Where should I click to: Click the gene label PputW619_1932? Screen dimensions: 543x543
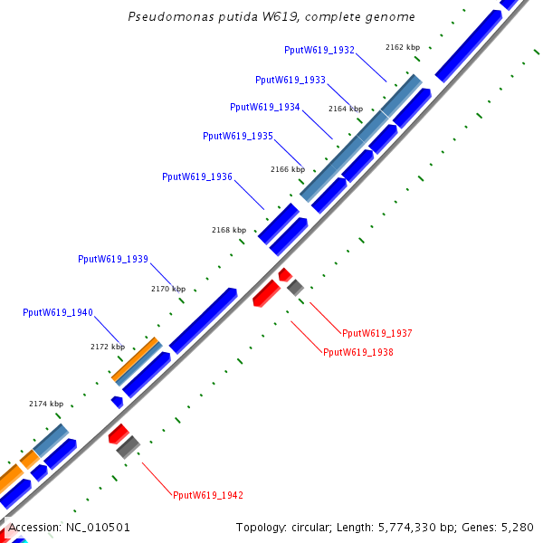tap(319, 51)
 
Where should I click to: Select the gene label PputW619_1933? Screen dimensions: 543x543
tap(291, 80)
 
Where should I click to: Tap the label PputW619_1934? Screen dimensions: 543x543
tap(264, 107)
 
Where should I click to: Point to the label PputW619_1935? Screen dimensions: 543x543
tap(237, 136)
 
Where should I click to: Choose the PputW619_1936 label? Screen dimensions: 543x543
tap(196, 176)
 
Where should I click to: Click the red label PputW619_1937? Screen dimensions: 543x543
tap(376, 333)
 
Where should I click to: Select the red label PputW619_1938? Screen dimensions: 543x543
tap(357, 352)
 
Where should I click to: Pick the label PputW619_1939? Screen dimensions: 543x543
tap(112, 259)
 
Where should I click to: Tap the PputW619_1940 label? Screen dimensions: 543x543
tap(57, 312)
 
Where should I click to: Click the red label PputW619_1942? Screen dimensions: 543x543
tap(207, 495)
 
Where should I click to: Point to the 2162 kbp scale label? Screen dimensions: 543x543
tap(402, 47)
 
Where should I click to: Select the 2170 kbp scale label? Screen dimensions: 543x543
tap(167, 289)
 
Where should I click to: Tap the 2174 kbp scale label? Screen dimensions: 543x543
tap(46, 404)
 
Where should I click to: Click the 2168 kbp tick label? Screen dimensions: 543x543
tap(228, 230)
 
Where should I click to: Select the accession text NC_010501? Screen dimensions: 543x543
tap(98, 527)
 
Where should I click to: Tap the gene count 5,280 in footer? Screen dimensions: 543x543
tap(516, 527)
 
